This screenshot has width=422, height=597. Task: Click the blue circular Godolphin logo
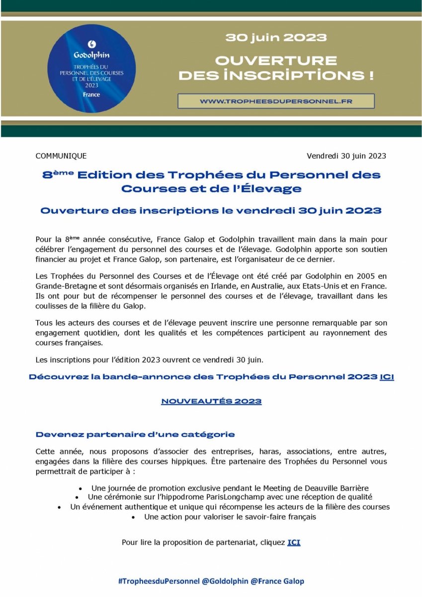coord(91,68)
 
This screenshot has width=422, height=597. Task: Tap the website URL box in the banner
coord(276,101)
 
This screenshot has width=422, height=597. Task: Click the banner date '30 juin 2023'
coord(276,37)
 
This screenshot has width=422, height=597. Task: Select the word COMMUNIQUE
coord(61,156)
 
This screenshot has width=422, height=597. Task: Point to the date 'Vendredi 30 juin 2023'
coord(346,156)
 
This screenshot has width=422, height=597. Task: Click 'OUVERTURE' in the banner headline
coord(276,61)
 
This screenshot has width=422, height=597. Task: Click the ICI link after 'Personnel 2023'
coord(387,377)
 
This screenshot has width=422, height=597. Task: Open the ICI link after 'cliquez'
coord(294,542)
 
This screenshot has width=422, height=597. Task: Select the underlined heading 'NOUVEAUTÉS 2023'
coord(211,401)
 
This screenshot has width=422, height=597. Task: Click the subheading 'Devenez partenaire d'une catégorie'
coord(135,434)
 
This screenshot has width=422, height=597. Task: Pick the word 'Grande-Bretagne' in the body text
coord(61,287)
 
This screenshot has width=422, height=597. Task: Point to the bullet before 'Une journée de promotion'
coord(81,489)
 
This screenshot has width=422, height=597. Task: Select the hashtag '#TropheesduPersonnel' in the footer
coord(159,581)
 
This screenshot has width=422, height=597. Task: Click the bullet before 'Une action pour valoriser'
coord(134,517)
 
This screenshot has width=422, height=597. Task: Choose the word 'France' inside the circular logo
coord(91,94)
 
